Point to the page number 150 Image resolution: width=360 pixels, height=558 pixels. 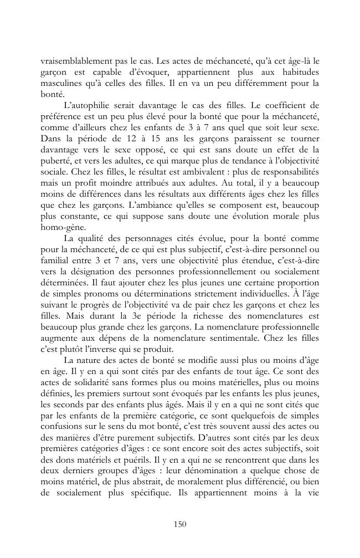(x=180, y=523)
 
